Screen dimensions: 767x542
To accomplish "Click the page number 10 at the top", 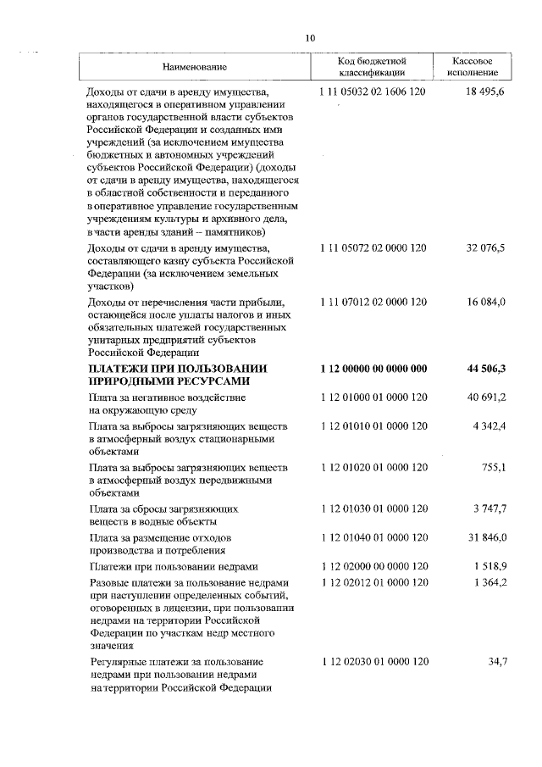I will tap(310, 37).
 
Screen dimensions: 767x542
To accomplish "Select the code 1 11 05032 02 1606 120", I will tap(373, 92).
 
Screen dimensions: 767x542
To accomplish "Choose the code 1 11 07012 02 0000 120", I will tap(373, 302).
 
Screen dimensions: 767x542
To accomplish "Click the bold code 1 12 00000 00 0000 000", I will tap(373, 369).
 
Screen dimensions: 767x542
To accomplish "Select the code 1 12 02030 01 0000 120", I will tap(373, 661).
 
